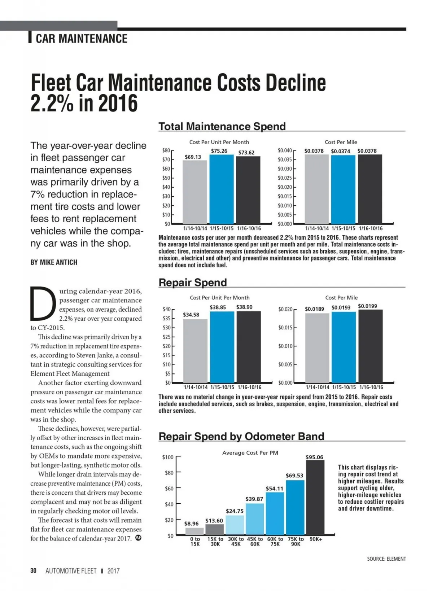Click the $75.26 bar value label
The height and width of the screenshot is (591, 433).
click(219, 151)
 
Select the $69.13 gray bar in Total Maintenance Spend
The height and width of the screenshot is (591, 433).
click(194, 192)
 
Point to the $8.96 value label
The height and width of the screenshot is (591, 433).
click(191, 524)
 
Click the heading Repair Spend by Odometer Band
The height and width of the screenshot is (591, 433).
click(241, 436)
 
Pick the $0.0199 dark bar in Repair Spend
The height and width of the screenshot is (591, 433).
click(370, 346)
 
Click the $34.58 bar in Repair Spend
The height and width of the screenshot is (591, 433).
click(195, 351)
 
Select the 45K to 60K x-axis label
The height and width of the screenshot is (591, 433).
click(255, 542)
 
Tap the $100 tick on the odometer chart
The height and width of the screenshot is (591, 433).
click(168, 457)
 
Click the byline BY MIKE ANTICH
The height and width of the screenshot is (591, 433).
click(54, 262)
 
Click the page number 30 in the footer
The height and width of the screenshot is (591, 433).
click(34, 571)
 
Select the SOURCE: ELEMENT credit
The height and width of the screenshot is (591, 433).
click(386, 559)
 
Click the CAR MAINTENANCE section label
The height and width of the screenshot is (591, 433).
click(82, 39)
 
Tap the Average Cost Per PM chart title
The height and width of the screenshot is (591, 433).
click(250, 453)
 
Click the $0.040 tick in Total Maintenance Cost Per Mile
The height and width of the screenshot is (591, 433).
click(284, 150)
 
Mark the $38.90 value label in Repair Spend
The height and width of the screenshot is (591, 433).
click(244, 307)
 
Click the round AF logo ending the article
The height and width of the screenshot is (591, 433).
click(138, 538)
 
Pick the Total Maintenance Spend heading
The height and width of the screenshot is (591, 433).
click(222, 126)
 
